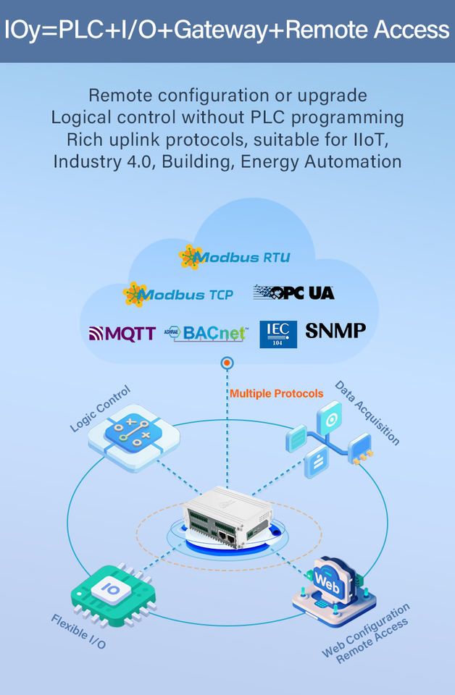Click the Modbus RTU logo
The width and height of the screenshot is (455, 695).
(x=235, y=257)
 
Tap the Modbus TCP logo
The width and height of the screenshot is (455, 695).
(x=178, y=295)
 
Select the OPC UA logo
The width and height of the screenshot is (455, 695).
(x=293, y=292)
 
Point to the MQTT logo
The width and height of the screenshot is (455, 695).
(x=122, y=334)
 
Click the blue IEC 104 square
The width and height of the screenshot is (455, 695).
(x=278, y=334)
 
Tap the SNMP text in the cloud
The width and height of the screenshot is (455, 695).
(x=335, y=331)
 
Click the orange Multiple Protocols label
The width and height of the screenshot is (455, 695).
(x=276, y=394)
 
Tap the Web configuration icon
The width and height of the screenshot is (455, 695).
(x=334, y=590)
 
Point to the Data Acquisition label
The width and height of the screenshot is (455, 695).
(x=367, y=412)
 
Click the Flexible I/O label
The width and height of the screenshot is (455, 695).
(x=78, y=631)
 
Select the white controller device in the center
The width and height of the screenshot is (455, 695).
(x=227, y=516)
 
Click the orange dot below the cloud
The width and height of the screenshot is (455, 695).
(x=227, y=363)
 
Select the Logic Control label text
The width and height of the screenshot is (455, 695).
(x=100, y=408)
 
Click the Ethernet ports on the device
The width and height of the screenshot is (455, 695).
(x=227, y=538)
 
